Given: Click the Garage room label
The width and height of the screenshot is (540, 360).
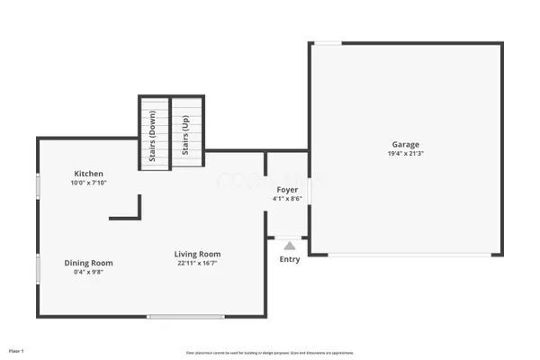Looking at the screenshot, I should tap(404, 144).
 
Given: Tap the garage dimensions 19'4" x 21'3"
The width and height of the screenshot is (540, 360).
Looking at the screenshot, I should tap(404, 154).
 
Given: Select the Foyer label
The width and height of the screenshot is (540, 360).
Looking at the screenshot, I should tap(287, 189).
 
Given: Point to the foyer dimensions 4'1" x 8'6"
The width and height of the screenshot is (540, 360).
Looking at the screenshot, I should tap(287, 198).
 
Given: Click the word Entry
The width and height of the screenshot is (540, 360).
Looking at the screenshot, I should tap(290, 259).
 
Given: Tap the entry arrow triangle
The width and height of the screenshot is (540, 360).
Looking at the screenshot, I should tap(289, 244).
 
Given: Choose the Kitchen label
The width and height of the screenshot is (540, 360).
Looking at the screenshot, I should tap(88, 174).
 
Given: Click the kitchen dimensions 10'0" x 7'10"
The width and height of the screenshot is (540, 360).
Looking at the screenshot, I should tap(88, 183).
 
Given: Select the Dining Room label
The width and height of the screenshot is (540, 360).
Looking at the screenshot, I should tap(88, 263).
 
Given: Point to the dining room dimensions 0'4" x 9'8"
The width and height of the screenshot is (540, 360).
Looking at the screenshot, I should tap(88, 272).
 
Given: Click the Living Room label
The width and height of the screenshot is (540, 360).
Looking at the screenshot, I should tap(197, 254).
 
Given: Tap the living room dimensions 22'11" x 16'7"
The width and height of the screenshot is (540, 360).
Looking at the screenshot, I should tap(197, 263).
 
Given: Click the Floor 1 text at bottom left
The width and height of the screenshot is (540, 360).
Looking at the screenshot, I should tap(16, 350).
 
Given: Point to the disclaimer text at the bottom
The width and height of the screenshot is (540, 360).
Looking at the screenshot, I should tap(270, 353).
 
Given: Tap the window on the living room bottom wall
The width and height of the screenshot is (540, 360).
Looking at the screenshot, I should tap(185, 316).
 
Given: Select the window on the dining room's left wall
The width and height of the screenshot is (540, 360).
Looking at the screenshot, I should tap(38, 267).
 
